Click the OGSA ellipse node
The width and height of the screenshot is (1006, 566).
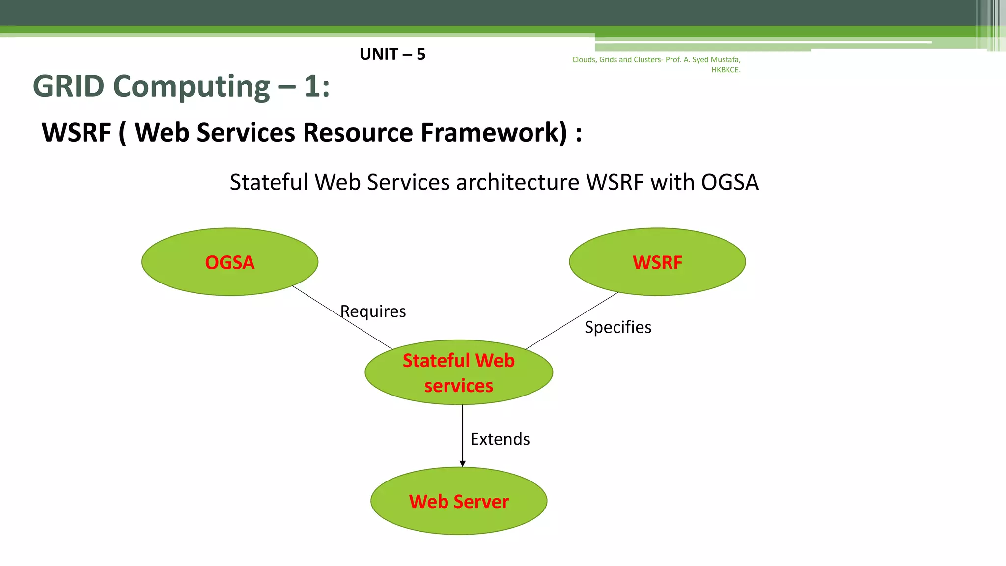(229, 262)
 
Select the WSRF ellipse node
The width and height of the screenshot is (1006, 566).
(657, 262)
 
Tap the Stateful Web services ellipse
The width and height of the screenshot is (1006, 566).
(459, 372)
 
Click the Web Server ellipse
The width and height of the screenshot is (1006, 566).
(459, 501)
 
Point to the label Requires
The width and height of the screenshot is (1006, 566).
(373, 311)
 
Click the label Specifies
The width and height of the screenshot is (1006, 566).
(617, 327)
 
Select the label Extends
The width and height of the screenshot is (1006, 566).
(500, 439)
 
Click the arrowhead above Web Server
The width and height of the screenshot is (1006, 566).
(462, 463)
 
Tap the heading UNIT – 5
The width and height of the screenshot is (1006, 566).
(392, 54)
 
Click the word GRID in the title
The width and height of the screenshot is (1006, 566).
(68, 86)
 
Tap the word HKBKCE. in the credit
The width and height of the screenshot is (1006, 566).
(726, 70)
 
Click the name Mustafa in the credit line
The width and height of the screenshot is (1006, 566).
(725, 59)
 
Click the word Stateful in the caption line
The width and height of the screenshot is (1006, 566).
(269, 182)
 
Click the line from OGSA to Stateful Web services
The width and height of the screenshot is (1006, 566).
(342, 317)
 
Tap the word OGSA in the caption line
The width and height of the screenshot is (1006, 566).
(729, 182)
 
